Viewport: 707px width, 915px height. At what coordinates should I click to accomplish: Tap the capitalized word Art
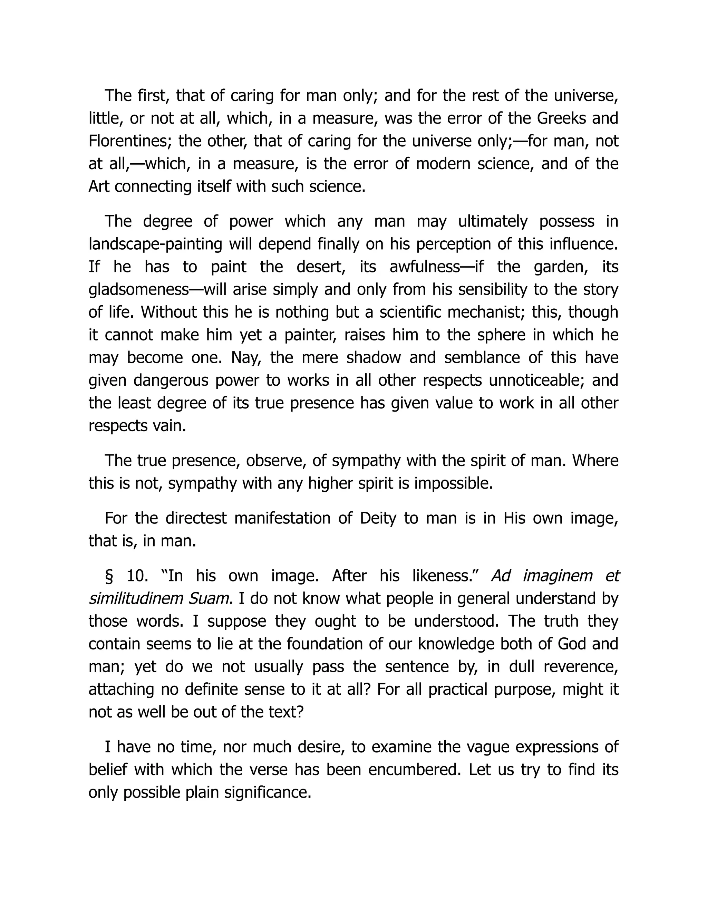[99, 186]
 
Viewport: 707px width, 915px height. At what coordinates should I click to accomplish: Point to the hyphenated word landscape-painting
[155, 244]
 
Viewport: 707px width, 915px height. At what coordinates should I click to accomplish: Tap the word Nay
[242, 357]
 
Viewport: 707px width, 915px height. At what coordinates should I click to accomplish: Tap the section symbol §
[109, 576]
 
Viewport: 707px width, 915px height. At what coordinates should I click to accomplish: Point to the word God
[572, 644]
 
